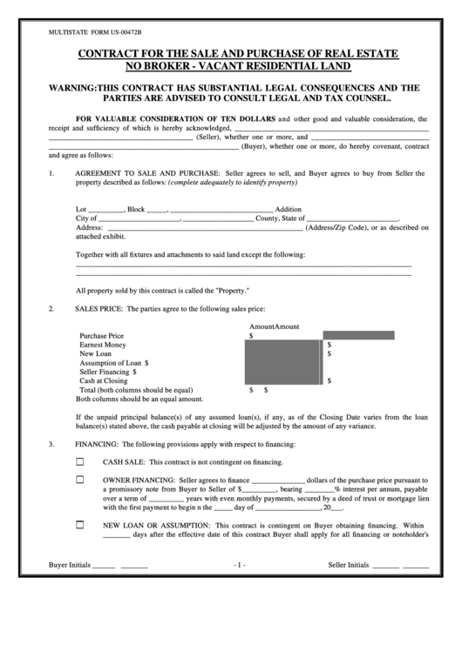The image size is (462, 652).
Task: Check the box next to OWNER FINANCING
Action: tap(81, 480)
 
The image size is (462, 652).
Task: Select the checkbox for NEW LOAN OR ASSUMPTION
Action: tap(81, 526)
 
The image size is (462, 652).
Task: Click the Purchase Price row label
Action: tap(102, 335)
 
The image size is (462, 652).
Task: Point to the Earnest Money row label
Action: tap(103, 345)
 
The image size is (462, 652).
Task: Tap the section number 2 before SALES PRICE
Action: tap(51, 309)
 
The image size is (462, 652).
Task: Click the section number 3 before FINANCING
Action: tap(51, 445)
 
